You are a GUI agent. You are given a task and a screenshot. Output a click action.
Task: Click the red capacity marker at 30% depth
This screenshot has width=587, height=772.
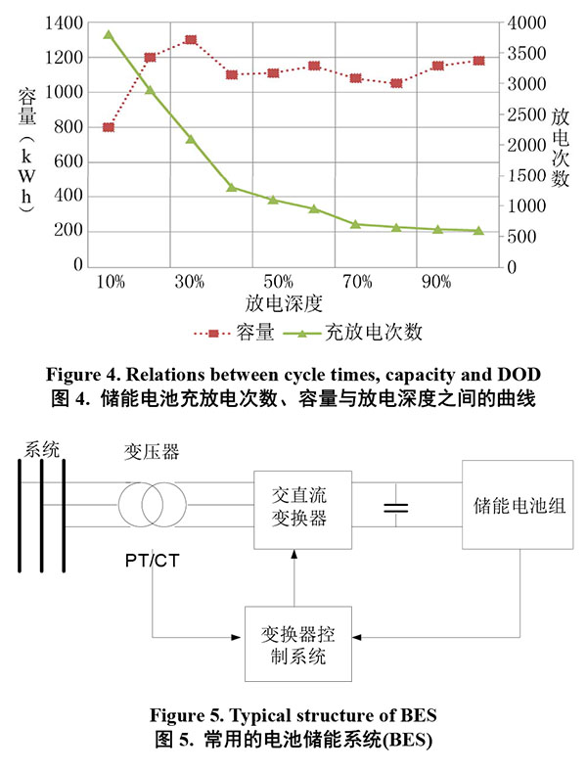(191, 40)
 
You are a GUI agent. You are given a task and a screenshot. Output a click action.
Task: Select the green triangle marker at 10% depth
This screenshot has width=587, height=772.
(109, 35)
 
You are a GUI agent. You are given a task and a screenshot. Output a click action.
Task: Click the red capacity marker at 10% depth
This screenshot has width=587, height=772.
(109, 127)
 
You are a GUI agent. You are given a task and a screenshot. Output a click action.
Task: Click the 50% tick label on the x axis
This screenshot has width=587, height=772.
(274, 282)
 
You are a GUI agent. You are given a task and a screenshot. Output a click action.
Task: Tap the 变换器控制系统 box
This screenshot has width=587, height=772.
(295, 644)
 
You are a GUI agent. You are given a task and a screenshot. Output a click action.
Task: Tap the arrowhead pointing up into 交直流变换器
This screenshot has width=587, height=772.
(295, 555)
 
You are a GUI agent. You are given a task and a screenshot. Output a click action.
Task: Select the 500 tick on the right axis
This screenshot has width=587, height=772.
(525, 236)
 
